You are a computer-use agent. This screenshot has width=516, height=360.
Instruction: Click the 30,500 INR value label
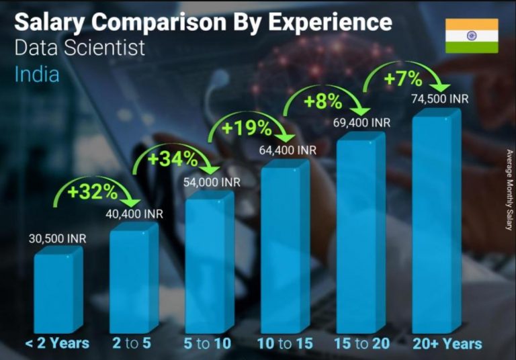pyautogui.click(x=58, y=238)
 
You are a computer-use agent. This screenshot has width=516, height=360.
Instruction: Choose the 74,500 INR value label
pyautogui.click(x=440, y=99)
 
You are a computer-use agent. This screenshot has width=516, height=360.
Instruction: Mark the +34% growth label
pyautogui.click(x=173, y=160)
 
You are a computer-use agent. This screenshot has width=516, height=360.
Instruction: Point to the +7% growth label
pyautogui.click(x=402, y=79)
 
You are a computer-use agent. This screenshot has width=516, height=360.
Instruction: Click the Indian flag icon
pyautogui.click(x=472, y=36)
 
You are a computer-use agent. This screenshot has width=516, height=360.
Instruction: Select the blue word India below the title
pyautogui.click(x=37, y=73)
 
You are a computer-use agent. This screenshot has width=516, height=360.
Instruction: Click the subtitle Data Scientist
pyautogui.click(x=79, y=48)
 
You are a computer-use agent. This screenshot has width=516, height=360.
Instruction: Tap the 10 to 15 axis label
pyautogui.click(x=285, y=343)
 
